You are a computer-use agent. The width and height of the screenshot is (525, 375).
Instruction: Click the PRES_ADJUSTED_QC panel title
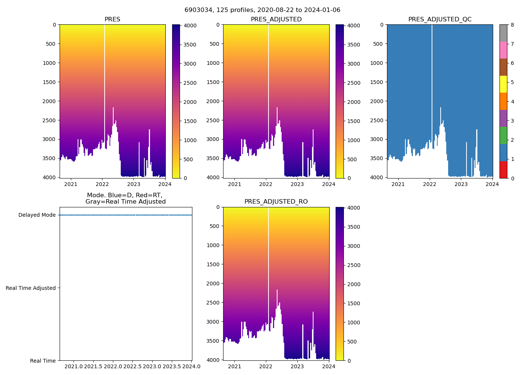[x=440, y=19]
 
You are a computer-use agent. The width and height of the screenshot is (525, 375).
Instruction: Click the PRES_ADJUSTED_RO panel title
[x=276, y=202]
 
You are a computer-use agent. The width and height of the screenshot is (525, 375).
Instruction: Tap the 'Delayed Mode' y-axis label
[x=37, y=215]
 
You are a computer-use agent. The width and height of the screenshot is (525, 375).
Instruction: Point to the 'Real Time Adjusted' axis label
[x=31, y=288]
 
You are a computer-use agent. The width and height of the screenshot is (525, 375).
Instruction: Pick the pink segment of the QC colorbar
[x=503, y=50]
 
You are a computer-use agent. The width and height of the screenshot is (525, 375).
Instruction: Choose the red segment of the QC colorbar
[x=503, y=169]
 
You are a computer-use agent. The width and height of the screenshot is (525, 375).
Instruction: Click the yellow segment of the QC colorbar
[x=503, y=84]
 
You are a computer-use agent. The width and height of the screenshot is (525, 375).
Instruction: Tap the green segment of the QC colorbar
[x=503, y=135]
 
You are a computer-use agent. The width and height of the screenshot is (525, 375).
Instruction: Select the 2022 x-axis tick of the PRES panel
[x=102, y=184]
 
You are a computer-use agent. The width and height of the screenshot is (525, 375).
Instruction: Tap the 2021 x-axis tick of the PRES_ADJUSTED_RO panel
[x=234, y=366]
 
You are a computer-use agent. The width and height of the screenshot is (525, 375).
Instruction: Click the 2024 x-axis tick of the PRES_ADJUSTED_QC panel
[x=492, y=184]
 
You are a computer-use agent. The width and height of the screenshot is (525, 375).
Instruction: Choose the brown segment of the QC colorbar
[x=503, y=67]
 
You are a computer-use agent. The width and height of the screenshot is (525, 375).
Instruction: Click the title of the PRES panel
[x=112, y=19]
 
